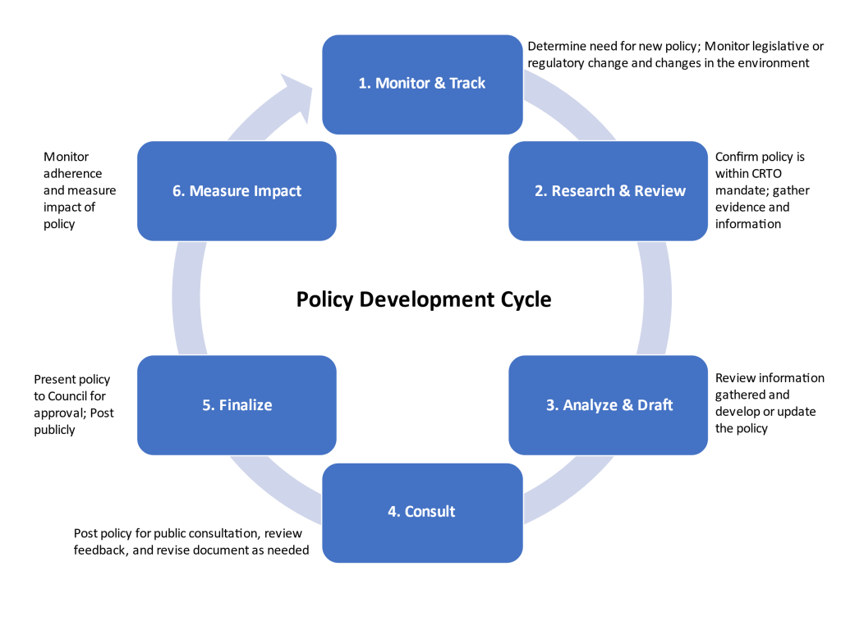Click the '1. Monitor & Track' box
tap(422, 84)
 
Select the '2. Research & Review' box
tap(609, 191)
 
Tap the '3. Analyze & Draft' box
tap(609, 404)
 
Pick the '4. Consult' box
tap(422, 512)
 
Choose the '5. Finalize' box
tap(237, 404)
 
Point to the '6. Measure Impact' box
tap(237, 191)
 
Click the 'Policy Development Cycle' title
tap(424, 300)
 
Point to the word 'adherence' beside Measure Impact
tap(73, 173)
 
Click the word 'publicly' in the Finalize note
tap(54, 429)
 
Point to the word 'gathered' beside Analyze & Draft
tap(739, 395)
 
